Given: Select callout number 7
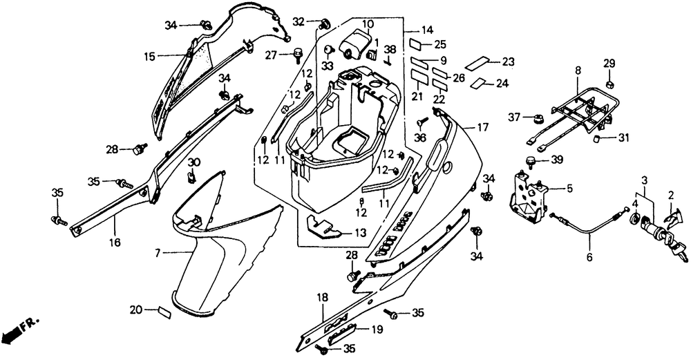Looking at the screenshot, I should (158, 254).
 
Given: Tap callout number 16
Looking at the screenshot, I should (115, 242).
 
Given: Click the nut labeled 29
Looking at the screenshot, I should (609, 84).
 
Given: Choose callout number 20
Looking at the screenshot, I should (135, 309).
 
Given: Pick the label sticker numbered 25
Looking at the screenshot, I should (418, 44).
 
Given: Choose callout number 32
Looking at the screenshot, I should (298, 21).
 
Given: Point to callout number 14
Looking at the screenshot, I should (427, 30).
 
